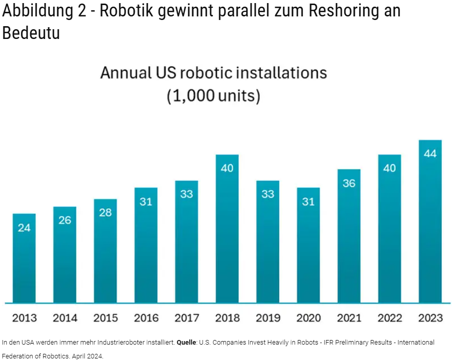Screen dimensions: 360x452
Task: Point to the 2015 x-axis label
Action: pyautogui.click(x=106, y=318)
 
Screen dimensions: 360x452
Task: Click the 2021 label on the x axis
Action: pyautogui.click(x=349, y=318)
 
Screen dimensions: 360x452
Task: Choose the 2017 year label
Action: pyautogui.click(x=187, y=318)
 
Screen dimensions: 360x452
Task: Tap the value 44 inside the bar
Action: pyautogui.click(x=430, y=153)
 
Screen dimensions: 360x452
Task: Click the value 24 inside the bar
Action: pyautogui.click(x=24, y=228)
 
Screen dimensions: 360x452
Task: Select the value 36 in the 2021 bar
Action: pyautogui.click(x=349, y=183)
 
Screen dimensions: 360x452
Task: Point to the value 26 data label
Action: pyautogui.click(x=65, y=221)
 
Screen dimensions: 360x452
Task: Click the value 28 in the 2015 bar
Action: pyautogui.click(x=105, y=213)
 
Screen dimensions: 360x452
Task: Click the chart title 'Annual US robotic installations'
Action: pyautogui.click(x=213, y=73)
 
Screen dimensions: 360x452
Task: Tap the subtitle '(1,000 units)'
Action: pyautogui.click(x=213, y=96)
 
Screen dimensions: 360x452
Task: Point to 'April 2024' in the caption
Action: pyautogui.click(x=88, y=355)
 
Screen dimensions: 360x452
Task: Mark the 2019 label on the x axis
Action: pyautogui.click(x=268, y=318)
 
